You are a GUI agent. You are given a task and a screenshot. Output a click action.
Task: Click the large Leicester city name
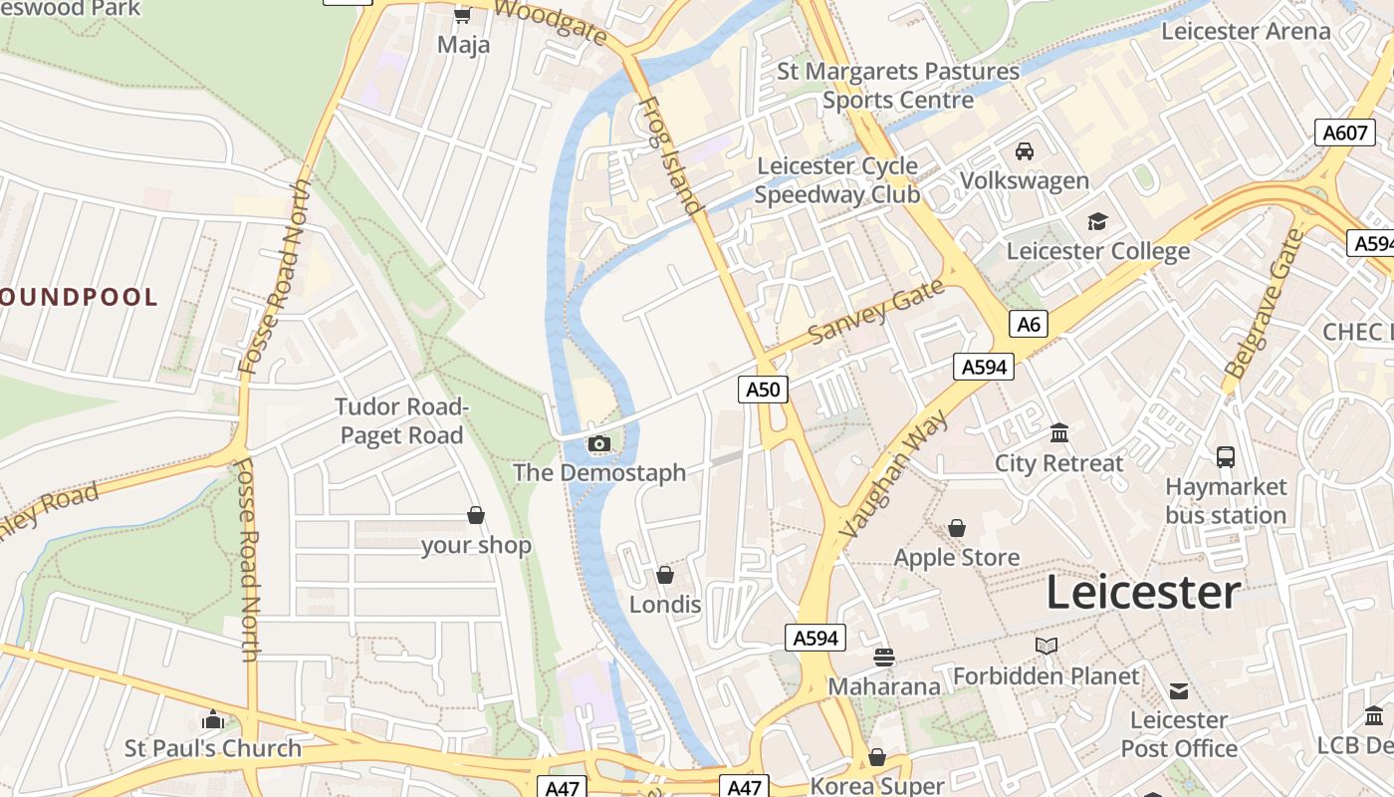[x=1142, y=593]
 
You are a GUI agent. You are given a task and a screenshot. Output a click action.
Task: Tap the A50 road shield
[x=764, y=389]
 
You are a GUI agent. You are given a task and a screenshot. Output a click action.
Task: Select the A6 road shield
[x=1029, y=323]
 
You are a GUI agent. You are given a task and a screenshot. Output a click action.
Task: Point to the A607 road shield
[x=1344, y=133]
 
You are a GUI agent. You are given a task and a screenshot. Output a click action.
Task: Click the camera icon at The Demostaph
[x=598, y=443]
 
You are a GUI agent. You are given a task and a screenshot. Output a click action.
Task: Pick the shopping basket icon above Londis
[x=664, y=575]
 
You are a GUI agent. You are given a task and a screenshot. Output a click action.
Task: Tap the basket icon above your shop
[x=476, y=515]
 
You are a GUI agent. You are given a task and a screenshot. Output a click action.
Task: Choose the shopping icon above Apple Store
[x=956, y=528]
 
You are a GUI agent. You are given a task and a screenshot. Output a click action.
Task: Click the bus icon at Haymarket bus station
[x=1225, y=457]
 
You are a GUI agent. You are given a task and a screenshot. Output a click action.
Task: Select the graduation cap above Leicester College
[x=1097, y=221]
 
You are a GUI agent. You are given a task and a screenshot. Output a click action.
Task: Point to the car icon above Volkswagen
[x=1024, y=151]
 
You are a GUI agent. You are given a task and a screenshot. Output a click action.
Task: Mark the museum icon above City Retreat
[x=1058, y=433]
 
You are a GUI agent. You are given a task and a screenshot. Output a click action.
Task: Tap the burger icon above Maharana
[x=883, y=657]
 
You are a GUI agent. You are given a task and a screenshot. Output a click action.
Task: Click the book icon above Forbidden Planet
[x=1045, y=647]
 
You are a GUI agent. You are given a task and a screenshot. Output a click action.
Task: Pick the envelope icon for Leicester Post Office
[x=1179, y=690]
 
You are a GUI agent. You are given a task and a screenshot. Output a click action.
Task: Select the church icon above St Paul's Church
[x=212, y=719]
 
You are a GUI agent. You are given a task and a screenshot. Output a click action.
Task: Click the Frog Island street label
[x=670, y=155]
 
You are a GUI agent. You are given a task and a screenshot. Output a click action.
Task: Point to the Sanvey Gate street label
[x=875, y=312]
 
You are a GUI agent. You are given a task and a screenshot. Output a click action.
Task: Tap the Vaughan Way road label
[x=893, y=474]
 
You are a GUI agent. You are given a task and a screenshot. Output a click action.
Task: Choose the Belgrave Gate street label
[x=1264, y=303]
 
